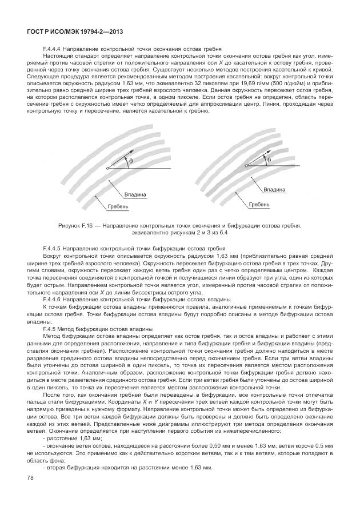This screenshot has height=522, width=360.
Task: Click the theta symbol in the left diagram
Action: coord(130,162)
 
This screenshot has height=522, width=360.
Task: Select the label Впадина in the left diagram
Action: coord(135,194)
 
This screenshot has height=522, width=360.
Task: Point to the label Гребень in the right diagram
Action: coord(259,204)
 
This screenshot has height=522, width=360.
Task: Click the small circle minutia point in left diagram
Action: coord(107,169)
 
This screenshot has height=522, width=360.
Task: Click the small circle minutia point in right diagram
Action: coord(246,166)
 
